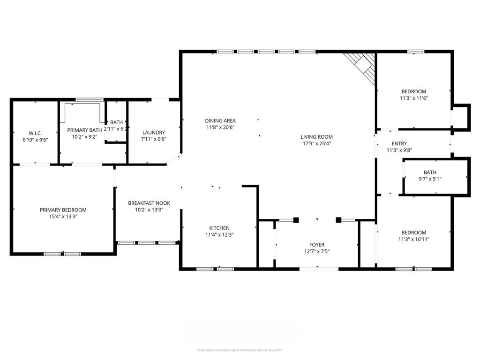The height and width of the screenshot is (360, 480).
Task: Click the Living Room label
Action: [316, 137]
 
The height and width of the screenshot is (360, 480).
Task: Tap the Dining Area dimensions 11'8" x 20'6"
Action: [220, 127]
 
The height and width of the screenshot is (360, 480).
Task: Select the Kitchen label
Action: [219, 228]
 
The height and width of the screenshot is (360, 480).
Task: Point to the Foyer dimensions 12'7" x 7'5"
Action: [316, 251]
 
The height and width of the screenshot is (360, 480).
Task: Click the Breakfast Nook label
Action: [149, 203]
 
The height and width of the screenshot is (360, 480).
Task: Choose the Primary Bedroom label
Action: [63, 210]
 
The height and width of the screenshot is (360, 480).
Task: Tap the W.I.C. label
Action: [36, 133]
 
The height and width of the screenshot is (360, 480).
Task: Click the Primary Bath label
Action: [84, 130]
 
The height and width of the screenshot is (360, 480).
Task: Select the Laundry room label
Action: [154, 133]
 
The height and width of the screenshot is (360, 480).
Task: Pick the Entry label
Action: [399, 144]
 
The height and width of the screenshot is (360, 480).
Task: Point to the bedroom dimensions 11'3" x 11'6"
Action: [414, 98]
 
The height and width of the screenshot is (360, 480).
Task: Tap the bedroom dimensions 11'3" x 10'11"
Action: [414, 239]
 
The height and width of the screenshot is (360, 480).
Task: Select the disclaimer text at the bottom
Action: [240, 350]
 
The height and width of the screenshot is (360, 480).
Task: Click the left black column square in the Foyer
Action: [296, 219]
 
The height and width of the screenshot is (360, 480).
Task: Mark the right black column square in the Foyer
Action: [338, 219]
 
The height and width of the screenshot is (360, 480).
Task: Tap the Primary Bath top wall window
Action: [90, 99]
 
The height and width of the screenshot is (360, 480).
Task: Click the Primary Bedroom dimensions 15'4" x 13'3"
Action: [63, 217]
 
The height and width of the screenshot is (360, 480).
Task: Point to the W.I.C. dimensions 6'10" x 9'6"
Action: [36, 140]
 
